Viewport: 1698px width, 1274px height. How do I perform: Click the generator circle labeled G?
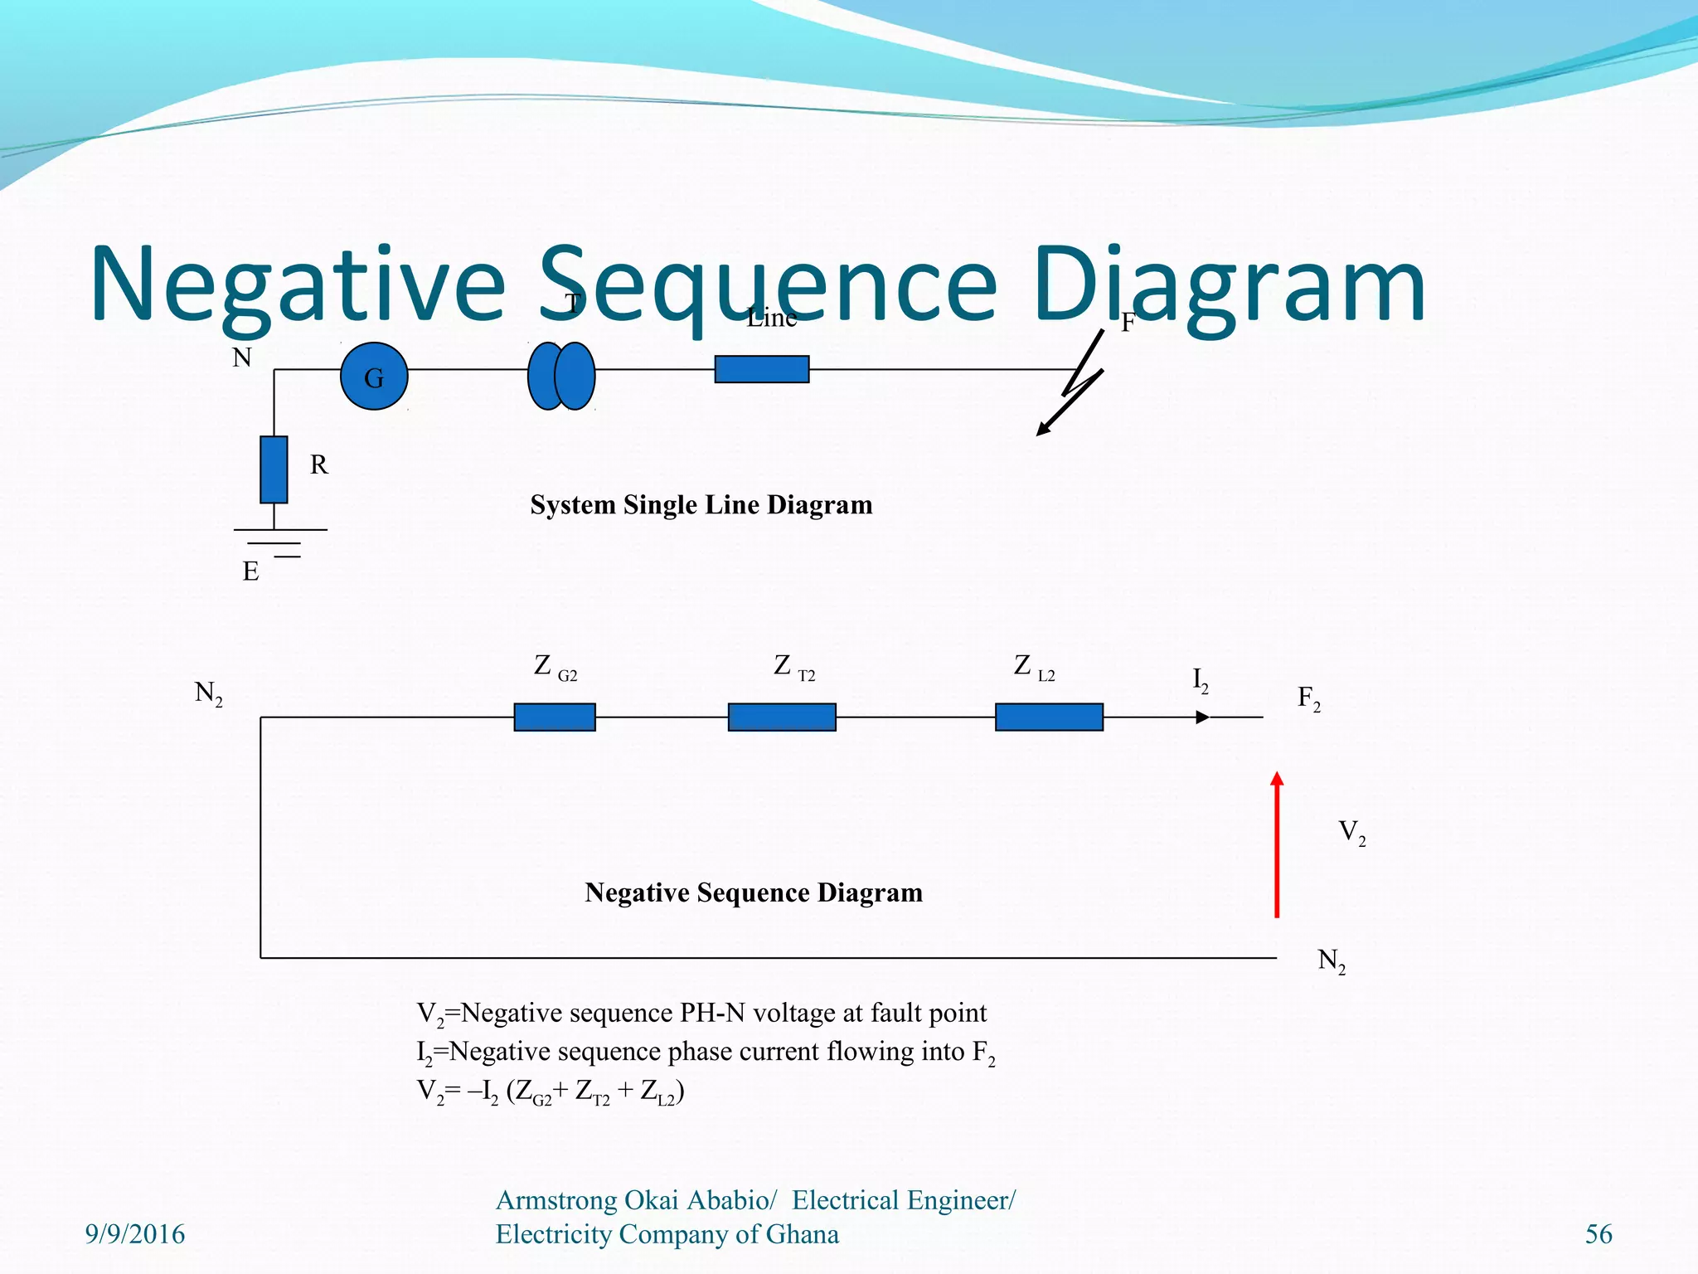374,377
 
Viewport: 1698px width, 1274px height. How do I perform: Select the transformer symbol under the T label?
561,376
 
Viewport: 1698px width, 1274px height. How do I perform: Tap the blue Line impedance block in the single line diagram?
762,369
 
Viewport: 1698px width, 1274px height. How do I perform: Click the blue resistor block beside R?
274,469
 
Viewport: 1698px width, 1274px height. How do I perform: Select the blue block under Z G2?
555,717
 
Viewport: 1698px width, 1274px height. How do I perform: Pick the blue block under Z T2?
782,717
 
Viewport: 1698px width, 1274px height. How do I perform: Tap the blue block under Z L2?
1049,717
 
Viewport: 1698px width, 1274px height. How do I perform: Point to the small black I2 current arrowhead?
1202,717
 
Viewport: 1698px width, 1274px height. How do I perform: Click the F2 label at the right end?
1308,698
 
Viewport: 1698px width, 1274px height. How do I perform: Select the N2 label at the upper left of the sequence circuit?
208,693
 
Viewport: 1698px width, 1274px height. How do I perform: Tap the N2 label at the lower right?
1332,961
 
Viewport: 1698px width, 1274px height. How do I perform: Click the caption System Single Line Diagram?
701,504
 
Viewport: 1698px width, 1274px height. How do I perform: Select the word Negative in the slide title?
297,284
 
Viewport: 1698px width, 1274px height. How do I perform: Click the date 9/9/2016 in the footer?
135,1234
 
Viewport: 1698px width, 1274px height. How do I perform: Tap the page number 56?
1599,1234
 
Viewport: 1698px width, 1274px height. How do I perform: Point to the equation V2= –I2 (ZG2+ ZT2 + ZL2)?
551,1092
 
